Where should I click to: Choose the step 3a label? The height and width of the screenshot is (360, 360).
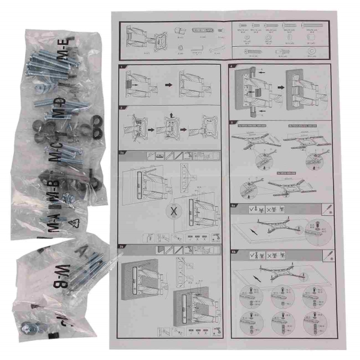pos(122,152)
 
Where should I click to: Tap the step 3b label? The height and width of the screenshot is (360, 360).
pos(122,246)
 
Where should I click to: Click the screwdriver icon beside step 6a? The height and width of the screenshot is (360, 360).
pos(330,207)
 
